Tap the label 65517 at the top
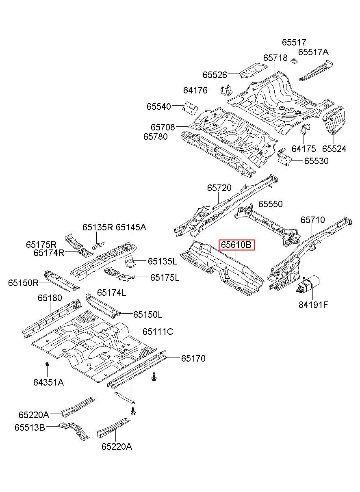(x=294, y=42)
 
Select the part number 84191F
(x=313, y=304)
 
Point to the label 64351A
(x=48, y=382)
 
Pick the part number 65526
(x=215, y=75)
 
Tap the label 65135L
(x=162, y=261)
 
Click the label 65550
(x=270, y=204)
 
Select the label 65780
(x=155, y=137)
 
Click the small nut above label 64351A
(x=47, y=364)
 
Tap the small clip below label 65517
(x=294, y=61)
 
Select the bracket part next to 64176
(x=226, y=90)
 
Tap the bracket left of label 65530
(x=284, y=157)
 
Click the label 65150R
(x=23, y=283)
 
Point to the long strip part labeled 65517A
(x=316, y=70)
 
